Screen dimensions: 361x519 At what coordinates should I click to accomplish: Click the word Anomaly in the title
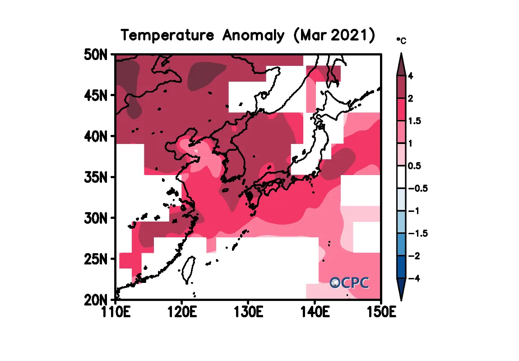[253, 36]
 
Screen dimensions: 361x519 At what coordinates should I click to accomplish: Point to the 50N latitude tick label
[95, 55]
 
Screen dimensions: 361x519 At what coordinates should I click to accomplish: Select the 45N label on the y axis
[95, 96]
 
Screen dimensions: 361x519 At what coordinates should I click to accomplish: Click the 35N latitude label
[95, 177]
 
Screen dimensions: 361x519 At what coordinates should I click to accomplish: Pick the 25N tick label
[95, 259]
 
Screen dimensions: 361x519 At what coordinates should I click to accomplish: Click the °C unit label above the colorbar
[401, 41]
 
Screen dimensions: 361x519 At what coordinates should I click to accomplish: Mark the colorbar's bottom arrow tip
[402, 298]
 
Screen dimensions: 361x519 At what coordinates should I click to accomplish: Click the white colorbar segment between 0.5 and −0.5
[402, 177]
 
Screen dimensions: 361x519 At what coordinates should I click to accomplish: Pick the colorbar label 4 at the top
[410, 76]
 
